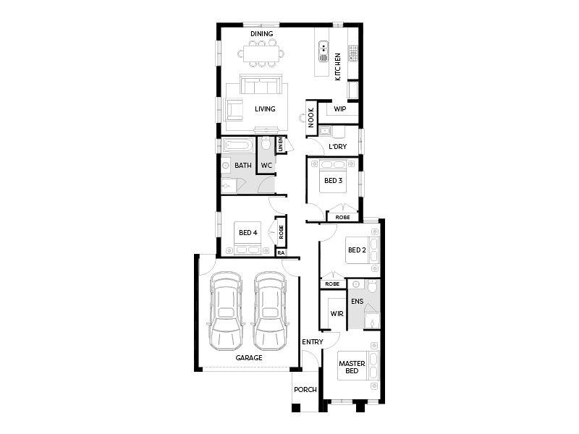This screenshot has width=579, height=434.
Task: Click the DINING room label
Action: click(262, 33)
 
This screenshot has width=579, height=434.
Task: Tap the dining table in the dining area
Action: click(262, 54)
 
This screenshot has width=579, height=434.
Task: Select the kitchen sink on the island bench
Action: click(324, 51)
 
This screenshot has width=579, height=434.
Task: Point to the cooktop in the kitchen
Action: click(353, 53)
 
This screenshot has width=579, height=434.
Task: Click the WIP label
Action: click(339, 109)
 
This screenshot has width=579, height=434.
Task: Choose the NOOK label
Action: click(311, 117)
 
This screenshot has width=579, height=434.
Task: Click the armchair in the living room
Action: click(234, 110)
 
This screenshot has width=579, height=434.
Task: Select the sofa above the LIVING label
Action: click(261, 84)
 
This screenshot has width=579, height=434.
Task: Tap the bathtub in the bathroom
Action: click(239, 145)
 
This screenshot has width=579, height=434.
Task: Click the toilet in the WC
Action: click(266, 143)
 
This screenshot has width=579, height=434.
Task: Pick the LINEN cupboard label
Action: click(280, 144)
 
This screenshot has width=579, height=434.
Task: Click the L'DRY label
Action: click(337, 147)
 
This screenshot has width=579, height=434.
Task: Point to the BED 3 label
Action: click(333, 180)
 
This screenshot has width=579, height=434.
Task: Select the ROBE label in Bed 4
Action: click(281, 232)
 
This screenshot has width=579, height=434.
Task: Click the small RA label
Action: click(281, 252)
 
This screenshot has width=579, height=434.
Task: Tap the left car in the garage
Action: click(226, 311)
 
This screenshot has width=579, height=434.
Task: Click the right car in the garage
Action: click(270, 311)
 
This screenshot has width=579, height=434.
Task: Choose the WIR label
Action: click(337, 314)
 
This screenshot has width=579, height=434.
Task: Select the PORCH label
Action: click(305, 389)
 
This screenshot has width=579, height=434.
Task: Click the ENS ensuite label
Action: click(357, 302)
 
